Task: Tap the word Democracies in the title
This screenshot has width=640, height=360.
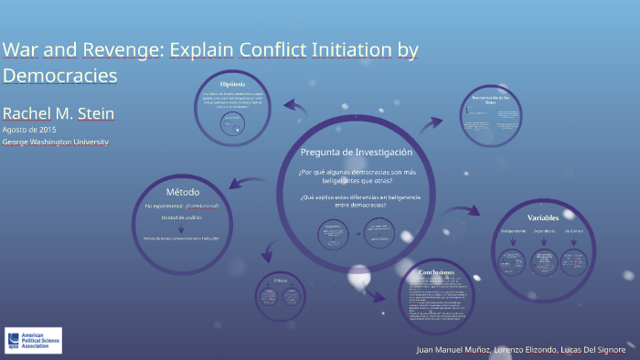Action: click(x=60, y=76)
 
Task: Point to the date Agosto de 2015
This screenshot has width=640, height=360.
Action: click(x=29, y=130)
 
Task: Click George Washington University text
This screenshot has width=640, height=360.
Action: click(x=55, y=142)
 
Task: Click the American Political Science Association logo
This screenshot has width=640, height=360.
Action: click(x=33, y=340)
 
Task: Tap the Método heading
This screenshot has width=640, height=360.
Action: click(x=182, y=192)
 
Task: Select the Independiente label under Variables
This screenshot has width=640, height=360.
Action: click(x=513, y=232)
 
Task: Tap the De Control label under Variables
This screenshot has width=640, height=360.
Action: click(x=573, y=232)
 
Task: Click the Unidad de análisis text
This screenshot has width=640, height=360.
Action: click(x=182, y=217)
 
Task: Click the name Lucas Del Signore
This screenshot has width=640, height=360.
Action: click(x=594, y=349)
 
